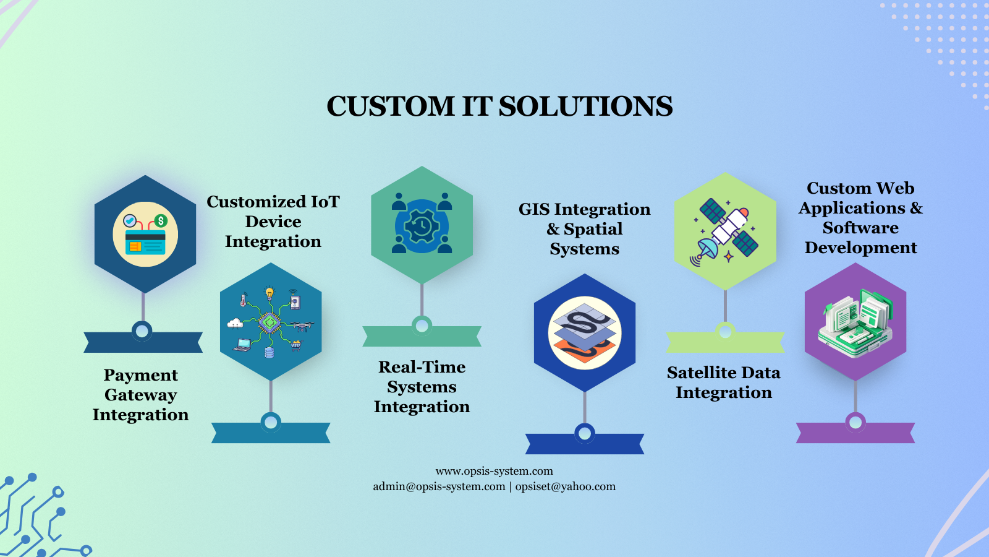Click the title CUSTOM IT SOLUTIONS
coord(499,106)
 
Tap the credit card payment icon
coord(145,235)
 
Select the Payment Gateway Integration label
coord(141,395)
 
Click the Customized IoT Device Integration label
coord(273,222)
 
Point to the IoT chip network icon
coord(270,322)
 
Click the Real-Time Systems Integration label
coord(422,387)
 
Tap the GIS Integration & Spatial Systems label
coord(584,229)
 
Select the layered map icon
coord(584,333)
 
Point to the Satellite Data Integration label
coord(724,382)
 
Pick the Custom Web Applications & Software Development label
coord(860,218)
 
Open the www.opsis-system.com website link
coord(494,471)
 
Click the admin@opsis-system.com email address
coord(439,486)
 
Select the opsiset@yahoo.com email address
coord(566,486)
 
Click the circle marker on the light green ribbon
coord(725,331)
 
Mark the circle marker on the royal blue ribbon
coord(585,433)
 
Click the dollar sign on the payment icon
coord(161,220)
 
